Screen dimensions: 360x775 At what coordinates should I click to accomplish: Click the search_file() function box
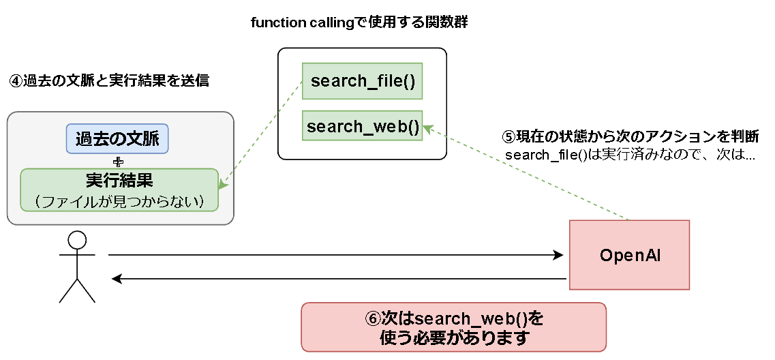point(362,81)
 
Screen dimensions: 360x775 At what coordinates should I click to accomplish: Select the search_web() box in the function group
point(362,127)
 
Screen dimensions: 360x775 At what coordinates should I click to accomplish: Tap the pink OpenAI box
point(629,255)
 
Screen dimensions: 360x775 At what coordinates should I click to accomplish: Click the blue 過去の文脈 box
point(117,139)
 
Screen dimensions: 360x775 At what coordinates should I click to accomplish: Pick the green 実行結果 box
point(119,189)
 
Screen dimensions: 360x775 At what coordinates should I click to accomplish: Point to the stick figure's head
point(77,240)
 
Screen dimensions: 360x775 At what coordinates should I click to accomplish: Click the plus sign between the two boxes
point(119,162)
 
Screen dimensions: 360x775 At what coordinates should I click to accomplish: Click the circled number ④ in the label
point(15,81)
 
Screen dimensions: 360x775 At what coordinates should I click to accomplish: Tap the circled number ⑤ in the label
point(508,136)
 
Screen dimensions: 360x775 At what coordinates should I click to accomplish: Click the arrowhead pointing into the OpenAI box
point(559,256)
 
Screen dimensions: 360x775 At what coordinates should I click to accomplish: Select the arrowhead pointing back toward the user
point(117,279)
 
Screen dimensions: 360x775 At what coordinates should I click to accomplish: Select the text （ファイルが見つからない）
point(119,201)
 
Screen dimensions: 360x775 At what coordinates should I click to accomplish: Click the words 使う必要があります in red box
point(454,337)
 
